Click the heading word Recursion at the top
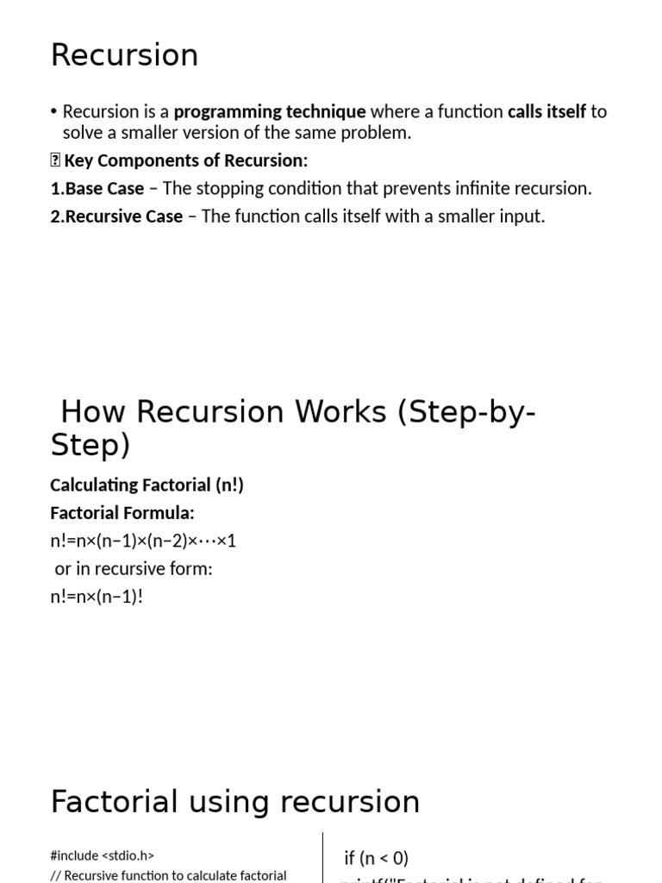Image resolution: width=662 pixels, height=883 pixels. (124, 55)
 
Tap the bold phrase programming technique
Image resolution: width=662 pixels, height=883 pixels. (270, 111)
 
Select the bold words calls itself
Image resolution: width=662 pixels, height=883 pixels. (546, 111)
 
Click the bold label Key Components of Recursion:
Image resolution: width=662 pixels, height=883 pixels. (185, 160)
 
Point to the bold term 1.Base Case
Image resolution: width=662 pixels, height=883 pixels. (97, 188)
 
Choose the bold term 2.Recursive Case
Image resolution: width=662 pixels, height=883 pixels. (116, 216)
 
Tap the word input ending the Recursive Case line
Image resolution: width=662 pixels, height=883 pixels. (520, 216)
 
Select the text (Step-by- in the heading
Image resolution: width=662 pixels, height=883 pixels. (466, 412)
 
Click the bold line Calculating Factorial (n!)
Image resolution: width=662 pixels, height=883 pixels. (147, 485)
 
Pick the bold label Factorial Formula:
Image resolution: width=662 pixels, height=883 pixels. (122, 513)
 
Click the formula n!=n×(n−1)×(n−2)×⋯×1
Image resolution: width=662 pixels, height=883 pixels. (143, 541)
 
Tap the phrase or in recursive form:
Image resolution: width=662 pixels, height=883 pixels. (133, 568)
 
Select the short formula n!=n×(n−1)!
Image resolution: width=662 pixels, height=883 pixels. (97, 596)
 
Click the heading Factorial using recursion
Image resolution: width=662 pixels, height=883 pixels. (235, 802)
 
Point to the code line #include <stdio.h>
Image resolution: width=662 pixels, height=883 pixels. (103, 855)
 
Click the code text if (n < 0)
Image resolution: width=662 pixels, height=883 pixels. (376, 857)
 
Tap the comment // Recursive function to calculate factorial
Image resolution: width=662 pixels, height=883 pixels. (168, 875)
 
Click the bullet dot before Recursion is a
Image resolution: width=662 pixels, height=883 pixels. (54, 112)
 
